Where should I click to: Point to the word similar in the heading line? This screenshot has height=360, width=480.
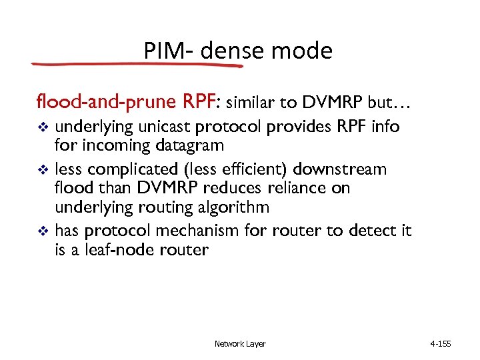pos(253,103)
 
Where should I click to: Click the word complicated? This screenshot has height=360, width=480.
pos(131,169)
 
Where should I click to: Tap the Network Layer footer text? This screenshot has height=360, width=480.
pos(240,344)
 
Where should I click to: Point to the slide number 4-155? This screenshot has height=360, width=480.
pos(441,344)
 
